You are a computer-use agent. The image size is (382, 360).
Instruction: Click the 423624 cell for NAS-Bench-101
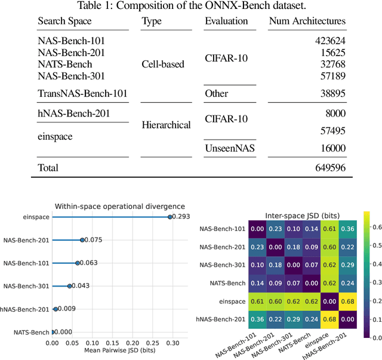coord(331,41)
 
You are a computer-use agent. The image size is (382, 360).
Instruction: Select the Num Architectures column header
coord(308,21)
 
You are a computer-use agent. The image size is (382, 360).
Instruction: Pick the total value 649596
coord(330,168)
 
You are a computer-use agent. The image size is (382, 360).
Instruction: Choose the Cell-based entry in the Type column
coord(163,64)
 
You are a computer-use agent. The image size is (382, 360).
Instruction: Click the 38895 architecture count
coord(333,94)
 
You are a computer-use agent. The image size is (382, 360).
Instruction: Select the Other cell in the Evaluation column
coord(217,94)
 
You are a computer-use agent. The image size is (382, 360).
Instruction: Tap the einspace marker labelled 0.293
coord(170,217)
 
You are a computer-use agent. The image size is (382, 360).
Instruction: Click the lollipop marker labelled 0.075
coord(82,240)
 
